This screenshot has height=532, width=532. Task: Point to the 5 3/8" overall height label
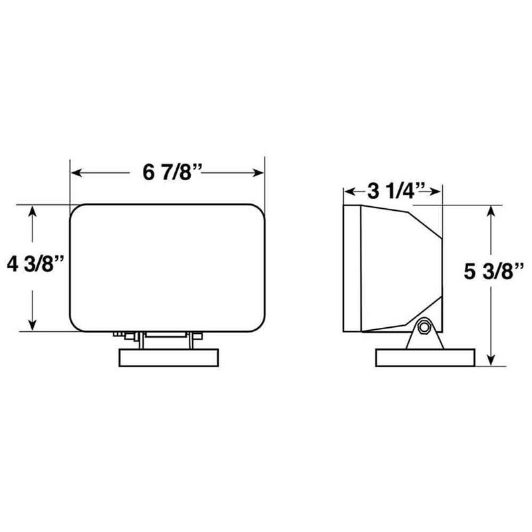coord(490,273)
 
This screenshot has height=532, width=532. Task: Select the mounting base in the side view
coord(426,358)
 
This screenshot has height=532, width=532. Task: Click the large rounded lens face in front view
coord(168,267)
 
